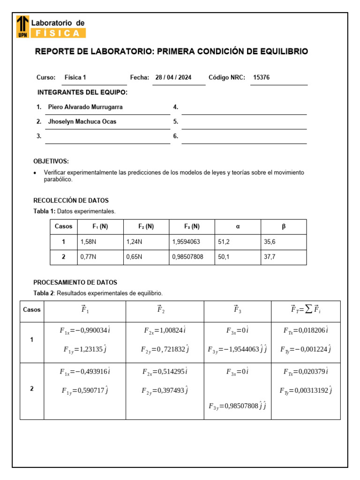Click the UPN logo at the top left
[22, 26]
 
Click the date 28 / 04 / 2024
[173, 78]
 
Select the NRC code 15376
[261, 78]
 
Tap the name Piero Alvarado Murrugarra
[85, 107]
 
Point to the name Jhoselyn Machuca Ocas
[82, 121]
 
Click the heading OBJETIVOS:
[51, 161]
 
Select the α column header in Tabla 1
[238, 226]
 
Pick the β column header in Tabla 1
[284, 226]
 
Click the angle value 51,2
[224, 242]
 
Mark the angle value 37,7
[270, 257]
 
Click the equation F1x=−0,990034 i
[85, 330]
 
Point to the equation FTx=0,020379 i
[306, 372]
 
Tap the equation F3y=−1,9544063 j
[237, 349]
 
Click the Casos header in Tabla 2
[32, 310]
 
